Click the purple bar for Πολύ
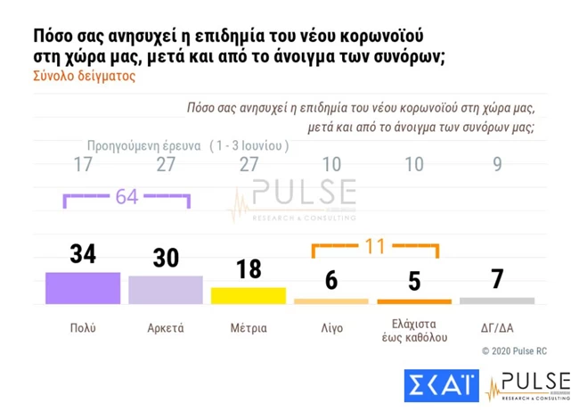coord(82,288)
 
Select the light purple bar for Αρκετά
coord(165,290)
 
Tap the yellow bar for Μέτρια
coord(248,296)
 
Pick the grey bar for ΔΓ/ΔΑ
coord(496,301)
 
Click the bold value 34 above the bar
coord(82,254)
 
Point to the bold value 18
coord(248,269)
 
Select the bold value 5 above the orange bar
coord(413,281)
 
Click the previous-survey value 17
coord(82,165)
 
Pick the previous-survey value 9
coord(496,165)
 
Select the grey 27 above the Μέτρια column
coord(248,165)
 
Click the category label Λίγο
coord(330,328)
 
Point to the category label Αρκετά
coord(165,328)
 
